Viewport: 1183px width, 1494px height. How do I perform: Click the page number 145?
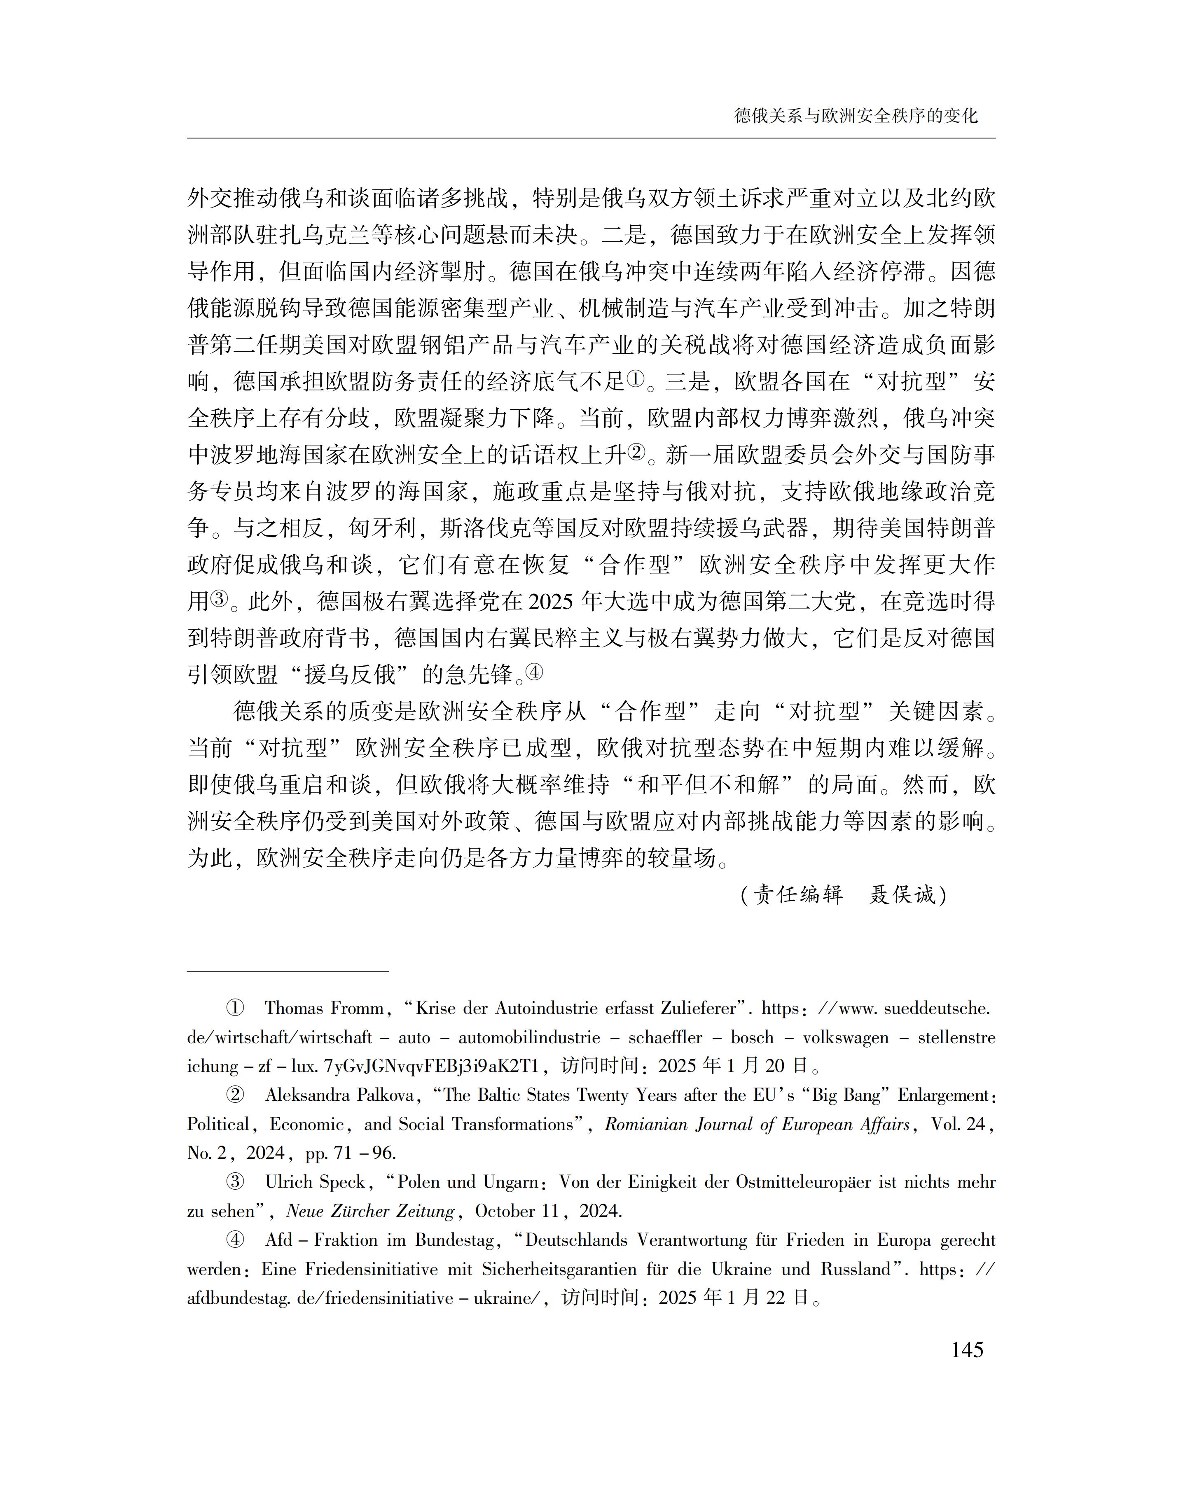point(967,1349)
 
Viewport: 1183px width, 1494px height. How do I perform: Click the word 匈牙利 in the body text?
point(382,529)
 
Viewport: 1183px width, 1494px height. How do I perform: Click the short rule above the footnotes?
point(288,972)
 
